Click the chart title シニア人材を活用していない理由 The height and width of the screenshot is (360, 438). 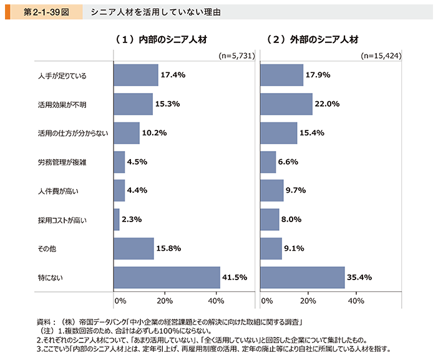[155, 12]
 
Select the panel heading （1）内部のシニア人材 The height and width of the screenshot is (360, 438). [165, 39]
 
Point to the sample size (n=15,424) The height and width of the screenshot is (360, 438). [381, 56]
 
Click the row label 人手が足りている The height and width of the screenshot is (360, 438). [61, 75]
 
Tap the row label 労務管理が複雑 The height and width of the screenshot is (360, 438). [61, 162]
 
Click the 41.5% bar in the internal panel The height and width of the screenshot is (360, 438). [167, 277]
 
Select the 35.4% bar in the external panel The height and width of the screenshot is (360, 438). [302, 277]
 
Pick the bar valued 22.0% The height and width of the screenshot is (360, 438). [286, 104]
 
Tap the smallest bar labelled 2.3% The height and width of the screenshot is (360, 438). [117, 220]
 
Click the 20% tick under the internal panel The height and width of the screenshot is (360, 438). [165, 301]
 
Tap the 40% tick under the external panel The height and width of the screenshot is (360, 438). [355, 301]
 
